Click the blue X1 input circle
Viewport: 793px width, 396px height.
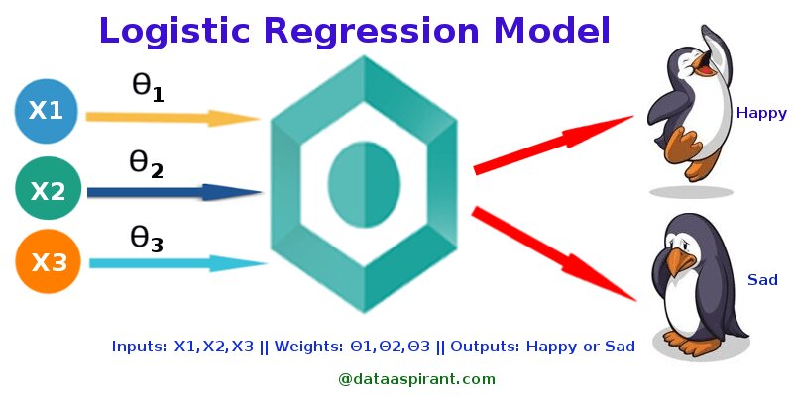pos(46,111)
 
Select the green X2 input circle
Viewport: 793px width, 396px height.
pos(46,189)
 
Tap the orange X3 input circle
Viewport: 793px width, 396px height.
pos(47,262)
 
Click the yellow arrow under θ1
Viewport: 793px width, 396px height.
pos(172,118)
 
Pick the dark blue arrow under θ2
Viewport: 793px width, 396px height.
pos(174,192)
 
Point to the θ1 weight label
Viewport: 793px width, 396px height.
pos(147,87)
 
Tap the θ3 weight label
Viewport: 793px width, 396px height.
pos(146,239)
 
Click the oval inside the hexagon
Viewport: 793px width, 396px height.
pos(364,184)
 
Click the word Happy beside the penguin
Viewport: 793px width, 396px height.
pos(760,113)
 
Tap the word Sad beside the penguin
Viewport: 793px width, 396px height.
pos(762,280)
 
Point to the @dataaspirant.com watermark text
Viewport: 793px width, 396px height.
pos(416,378)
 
